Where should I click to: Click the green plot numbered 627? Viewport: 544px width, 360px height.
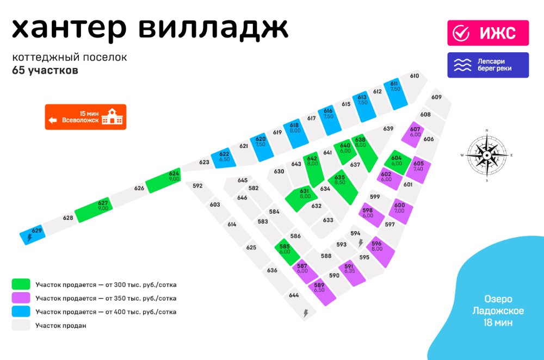(94, 210)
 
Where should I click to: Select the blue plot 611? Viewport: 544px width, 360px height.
(395, 94)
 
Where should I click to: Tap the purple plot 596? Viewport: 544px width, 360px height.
(381, 252)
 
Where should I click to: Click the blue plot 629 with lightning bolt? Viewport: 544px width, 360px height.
(33, 234)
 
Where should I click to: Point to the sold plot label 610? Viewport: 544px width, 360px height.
(414, 76)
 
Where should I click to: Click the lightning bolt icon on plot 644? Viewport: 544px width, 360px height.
(306, 313)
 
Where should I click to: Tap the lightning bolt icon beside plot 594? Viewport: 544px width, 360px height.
(361, 243)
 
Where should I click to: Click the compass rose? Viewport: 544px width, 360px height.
(487, 156)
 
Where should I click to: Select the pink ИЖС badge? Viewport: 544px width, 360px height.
(488, 33)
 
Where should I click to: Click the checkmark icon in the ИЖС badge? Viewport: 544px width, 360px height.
(461, 33)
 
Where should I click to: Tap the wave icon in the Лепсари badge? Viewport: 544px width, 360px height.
(463, 65)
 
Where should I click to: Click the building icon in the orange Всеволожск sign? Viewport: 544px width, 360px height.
(112, 116)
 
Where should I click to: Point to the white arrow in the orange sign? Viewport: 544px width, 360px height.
(53, 120)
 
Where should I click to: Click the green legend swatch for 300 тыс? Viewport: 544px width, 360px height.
(21, 284)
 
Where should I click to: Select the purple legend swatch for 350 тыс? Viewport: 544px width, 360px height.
(21, 297)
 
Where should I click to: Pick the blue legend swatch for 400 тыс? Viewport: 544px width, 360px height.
(21, 311)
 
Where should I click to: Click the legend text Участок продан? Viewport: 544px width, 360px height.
(61, 326)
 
